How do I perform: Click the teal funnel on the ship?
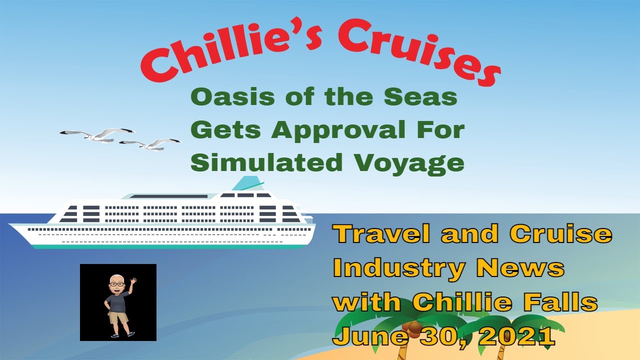pyautogui.click(x=247, y=184)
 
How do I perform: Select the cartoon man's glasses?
pyautogui.click(x=117, y=284)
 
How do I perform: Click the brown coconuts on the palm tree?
pyautogui.click(x=412, y=327)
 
